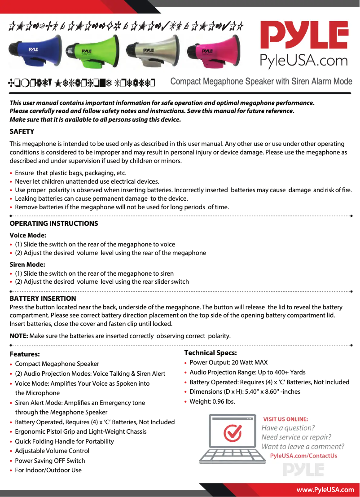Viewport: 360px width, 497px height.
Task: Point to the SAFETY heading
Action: (x=22, y=132)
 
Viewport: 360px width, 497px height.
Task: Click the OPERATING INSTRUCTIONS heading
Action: (x=54, y=224)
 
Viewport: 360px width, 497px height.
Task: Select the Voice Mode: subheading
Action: (x=28, y=235)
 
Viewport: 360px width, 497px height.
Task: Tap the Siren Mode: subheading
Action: (x=27, y=264)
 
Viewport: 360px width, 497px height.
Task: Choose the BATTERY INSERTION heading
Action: (x=43, y=298)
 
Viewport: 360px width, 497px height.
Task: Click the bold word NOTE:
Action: (x=19, y=336)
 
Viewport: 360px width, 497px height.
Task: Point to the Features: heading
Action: (x=25, y=354)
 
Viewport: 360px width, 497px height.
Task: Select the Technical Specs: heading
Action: (x=211, y=353)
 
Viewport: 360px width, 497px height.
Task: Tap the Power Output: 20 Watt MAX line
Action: (x=228, y=362)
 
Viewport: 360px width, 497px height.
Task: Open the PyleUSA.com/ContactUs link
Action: (x=303, y=456)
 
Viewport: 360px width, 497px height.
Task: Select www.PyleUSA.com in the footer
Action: (x=325, y=490)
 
